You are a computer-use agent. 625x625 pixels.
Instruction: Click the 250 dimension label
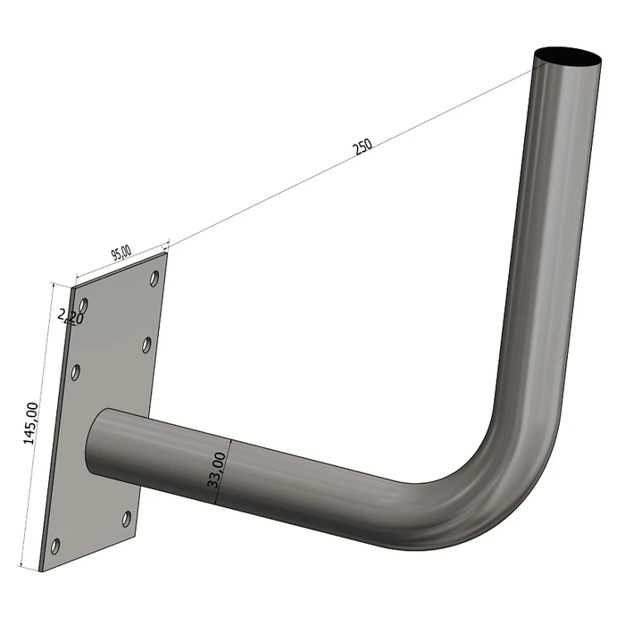[x=362, y=147]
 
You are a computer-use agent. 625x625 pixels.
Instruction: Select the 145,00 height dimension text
[x=31, y=422]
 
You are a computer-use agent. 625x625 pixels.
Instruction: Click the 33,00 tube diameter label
[x=214, y=468]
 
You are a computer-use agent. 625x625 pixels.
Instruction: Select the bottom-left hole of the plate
[x=56, y=545]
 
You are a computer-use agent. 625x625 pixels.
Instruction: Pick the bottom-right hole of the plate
[x=127, y=518]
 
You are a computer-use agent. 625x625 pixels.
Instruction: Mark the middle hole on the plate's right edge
[x=146, y=345]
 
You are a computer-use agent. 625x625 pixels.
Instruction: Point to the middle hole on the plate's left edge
[x=76, y=371]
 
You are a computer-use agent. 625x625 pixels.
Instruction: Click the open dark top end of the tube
[x=569, y=58]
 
